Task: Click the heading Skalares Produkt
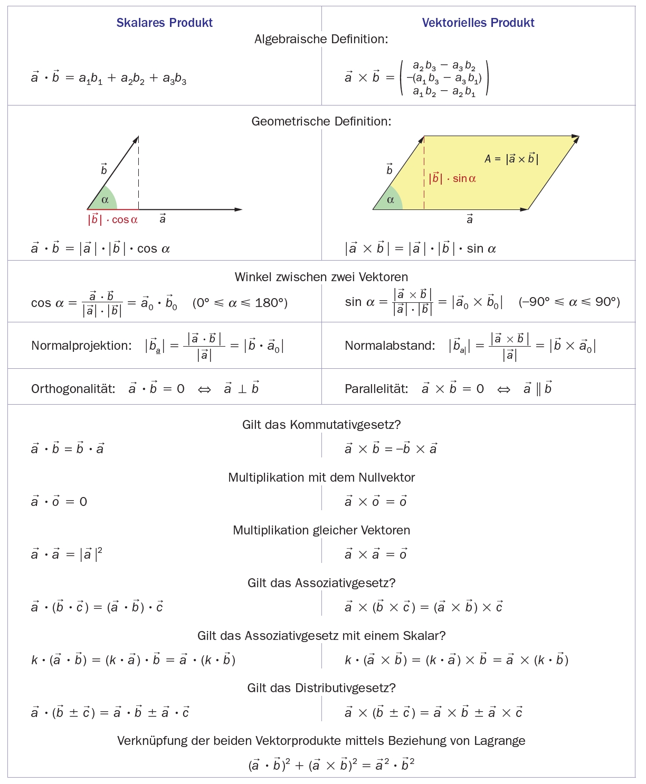[x=164, y=23]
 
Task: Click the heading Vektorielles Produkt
[x=478, y=23]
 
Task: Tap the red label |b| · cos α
[x=112, y=219]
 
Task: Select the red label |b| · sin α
[x=452, y=178]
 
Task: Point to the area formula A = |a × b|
[x=511, y=159]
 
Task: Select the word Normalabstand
[x=389, y=346]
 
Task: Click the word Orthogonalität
[x=73, y=389]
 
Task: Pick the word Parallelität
[x=376, y=389]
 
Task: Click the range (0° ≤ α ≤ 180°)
[x=240, y=303]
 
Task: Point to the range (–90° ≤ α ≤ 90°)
[x=569, y=302]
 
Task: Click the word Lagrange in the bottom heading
[x=499, y=741]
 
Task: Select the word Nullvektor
[x=386, y=477]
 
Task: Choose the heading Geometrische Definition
[x=321, y=121]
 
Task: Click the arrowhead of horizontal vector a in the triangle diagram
[x=239, y=209]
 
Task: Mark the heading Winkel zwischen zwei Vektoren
[x=321, y=277]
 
